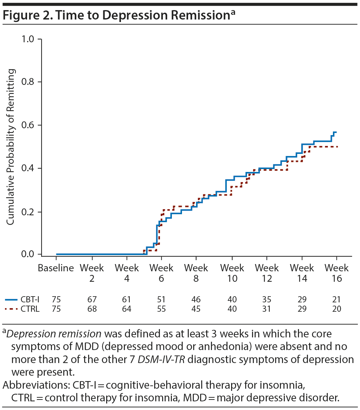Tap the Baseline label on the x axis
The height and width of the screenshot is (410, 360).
click(56, 268)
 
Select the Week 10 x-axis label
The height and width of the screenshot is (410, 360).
click(232, 273)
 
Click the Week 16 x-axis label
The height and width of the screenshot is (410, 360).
click(337, 273)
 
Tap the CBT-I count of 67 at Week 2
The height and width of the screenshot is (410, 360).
click(92, 299)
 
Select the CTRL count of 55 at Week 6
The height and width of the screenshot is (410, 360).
click(161, 309)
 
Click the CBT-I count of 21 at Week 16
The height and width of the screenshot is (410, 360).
click(337, 299)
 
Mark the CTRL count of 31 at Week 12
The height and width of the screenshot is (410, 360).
click(267, 309)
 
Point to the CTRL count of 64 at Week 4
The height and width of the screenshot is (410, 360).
click(127, 309)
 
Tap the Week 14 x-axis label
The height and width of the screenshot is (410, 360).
click(302, 273)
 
